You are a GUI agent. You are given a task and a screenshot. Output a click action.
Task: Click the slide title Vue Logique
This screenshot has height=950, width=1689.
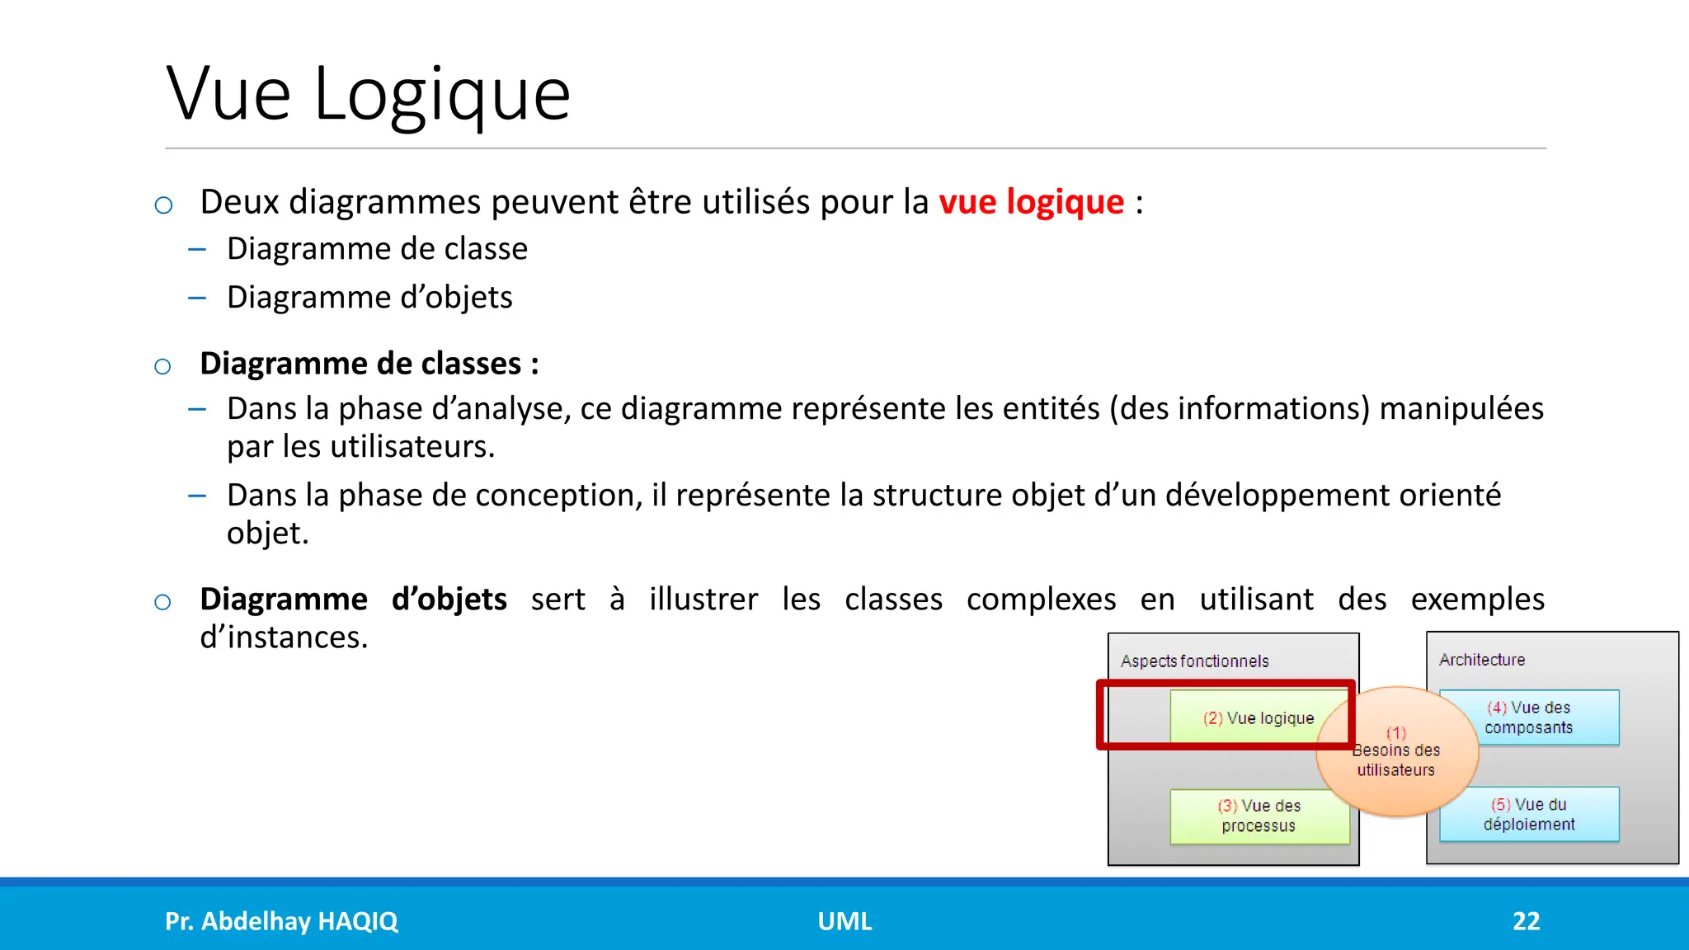[368, 94]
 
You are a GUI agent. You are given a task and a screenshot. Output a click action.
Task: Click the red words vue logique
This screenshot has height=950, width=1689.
[1031, 202]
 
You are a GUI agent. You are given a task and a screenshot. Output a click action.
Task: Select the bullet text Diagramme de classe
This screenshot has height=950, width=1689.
[377, 248]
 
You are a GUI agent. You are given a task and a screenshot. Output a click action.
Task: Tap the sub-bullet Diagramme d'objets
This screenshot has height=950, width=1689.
[369, 297]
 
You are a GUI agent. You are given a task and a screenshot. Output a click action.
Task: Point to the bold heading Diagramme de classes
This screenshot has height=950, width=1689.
[369, 364]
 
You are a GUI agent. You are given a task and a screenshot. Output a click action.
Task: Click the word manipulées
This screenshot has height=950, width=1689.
[1461, 408]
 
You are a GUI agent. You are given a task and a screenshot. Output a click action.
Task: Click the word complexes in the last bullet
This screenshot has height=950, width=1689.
[1041, 599]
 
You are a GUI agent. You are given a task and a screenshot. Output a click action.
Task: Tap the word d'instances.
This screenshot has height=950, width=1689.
[284, 637]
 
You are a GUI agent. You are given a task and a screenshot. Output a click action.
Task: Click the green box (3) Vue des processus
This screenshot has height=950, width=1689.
[1259, 816]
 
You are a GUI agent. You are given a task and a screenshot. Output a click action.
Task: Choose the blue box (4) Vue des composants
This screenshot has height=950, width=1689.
[1528, 717]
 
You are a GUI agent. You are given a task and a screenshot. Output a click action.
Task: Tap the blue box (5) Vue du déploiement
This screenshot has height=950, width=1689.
[1528, 814]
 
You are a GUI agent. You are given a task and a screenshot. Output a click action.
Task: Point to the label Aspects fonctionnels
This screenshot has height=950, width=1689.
[1194, 661]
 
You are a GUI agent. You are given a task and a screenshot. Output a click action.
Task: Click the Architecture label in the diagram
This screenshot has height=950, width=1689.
[1482, 660]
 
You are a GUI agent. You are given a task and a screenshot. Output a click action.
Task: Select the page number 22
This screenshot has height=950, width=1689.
[1526, 921]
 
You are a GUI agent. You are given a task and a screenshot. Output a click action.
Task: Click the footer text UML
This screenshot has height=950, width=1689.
[844, 921]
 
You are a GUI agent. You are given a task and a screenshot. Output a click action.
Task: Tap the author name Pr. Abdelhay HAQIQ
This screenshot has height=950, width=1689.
[281, 921]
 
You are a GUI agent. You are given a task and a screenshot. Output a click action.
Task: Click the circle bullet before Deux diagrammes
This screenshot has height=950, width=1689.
[163, 205]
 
